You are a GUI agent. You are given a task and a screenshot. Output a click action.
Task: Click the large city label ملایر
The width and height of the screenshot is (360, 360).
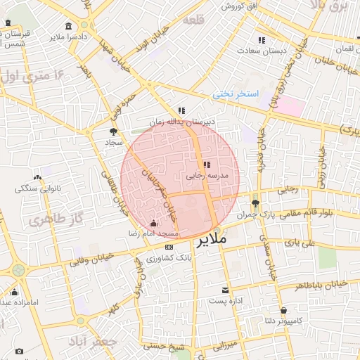[210, 240]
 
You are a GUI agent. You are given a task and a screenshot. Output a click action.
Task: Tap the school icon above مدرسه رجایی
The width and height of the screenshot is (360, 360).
[206, 165]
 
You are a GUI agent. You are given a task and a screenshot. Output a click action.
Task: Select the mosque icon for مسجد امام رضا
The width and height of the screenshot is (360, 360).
[153, 224]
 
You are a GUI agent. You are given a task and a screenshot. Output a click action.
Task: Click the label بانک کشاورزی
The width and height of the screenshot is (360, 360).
[169, 258]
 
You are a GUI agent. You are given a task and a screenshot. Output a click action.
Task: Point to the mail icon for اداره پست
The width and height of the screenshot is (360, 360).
[225, 290]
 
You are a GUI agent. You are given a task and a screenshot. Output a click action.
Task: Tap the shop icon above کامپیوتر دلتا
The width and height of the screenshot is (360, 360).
[283, 309]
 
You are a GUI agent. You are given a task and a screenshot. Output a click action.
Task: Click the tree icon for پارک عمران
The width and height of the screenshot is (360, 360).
[255, 202]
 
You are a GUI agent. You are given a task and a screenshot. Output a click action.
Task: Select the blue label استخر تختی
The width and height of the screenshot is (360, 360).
[236, 94]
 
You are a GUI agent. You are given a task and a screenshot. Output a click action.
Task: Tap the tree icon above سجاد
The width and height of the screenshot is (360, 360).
[113, 131]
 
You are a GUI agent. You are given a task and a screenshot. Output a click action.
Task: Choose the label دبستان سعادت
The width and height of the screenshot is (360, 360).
[259, 51]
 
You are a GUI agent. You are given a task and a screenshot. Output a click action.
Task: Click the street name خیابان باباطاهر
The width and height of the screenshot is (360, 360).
[320, 284]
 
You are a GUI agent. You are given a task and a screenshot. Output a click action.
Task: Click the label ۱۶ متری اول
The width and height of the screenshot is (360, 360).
[34, 75]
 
